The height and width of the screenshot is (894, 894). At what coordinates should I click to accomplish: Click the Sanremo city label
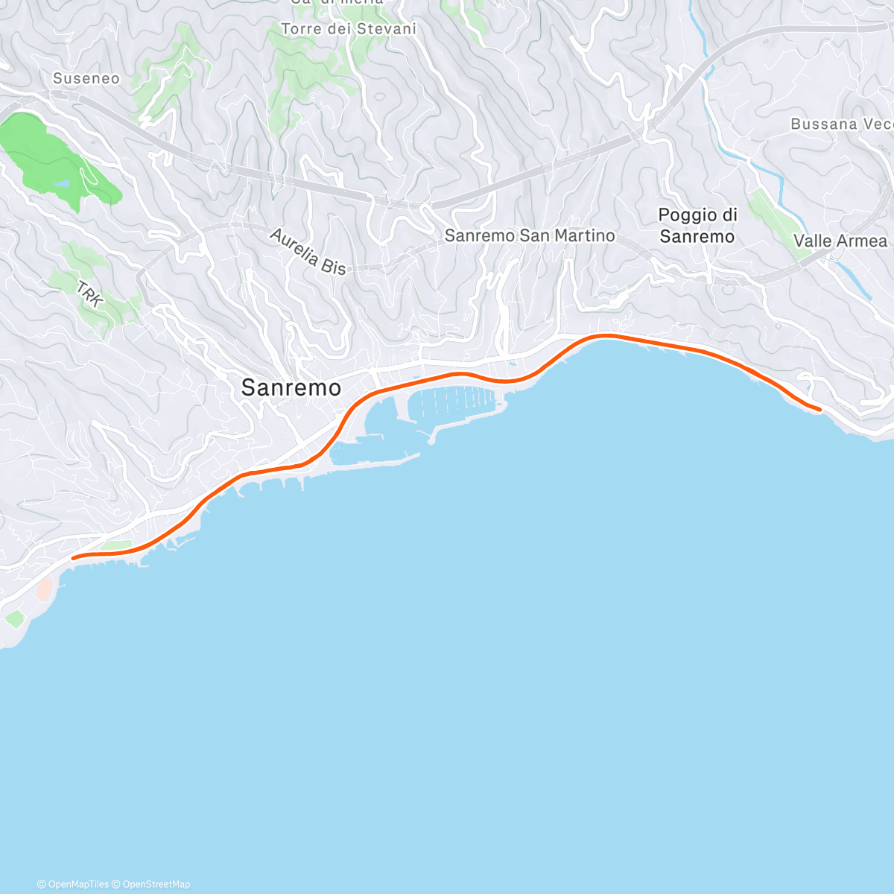coord(291,387)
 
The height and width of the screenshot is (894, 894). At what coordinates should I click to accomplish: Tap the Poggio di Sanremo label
coord(697,226)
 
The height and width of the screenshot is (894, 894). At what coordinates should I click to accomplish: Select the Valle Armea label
coord(840,241)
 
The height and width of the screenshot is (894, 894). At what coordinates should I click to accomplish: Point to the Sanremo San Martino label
coord(530,235)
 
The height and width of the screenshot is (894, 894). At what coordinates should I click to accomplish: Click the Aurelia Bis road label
coord(308,252)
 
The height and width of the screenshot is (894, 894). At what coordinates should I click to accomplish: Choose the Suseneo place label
coord(86,78)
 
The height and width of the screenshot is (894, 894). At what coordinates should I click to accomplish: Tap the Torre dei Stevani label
coord(348,29)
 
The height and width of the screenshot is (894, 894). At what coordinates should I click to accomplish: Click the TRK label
coord(89,294)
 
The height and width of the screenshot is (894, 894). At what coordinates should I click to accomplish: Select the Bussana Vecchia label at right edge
coord(841,124)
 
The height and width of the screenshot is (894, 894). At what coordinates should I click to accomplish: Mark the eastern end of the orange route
coord(819,409)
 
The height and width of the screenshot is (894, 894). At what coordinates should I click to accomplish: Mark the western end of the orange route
coord(73,557)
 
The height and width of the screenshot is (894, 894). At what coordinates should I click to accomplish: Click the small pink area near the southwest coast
coord(44,589)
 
